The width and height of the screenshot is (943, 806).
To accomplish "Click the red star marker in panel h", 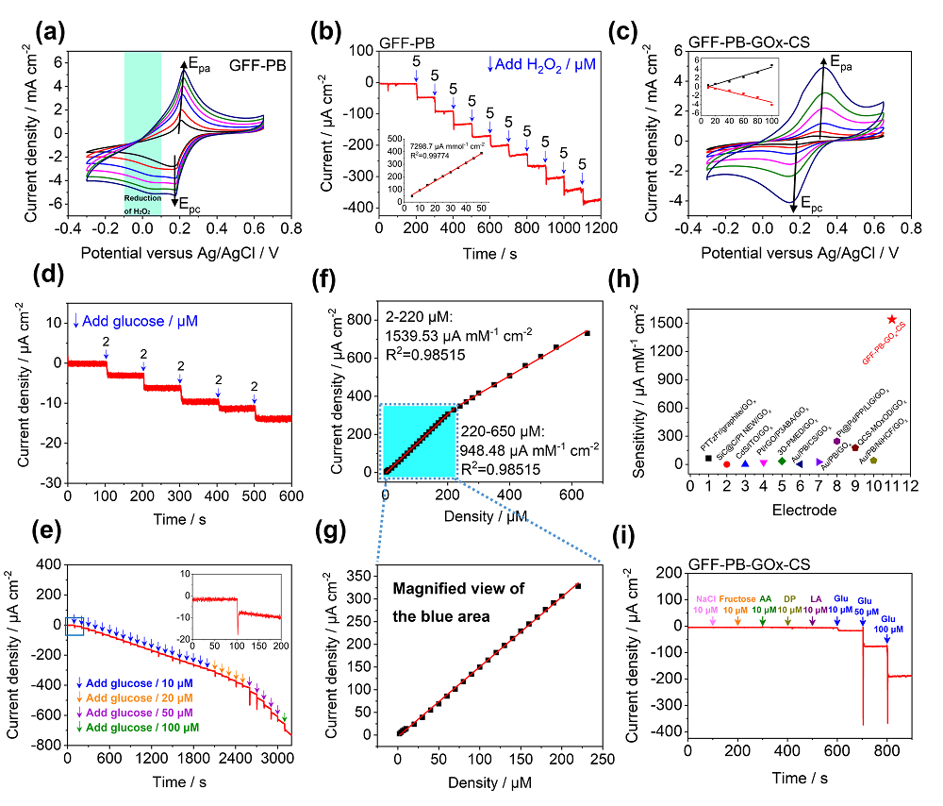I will point(892,320).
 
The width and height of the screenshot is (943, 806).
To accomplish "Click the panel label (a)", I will point(49,33).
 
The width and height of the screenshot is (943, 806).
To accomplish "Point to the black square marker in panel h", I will point(708,459).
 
